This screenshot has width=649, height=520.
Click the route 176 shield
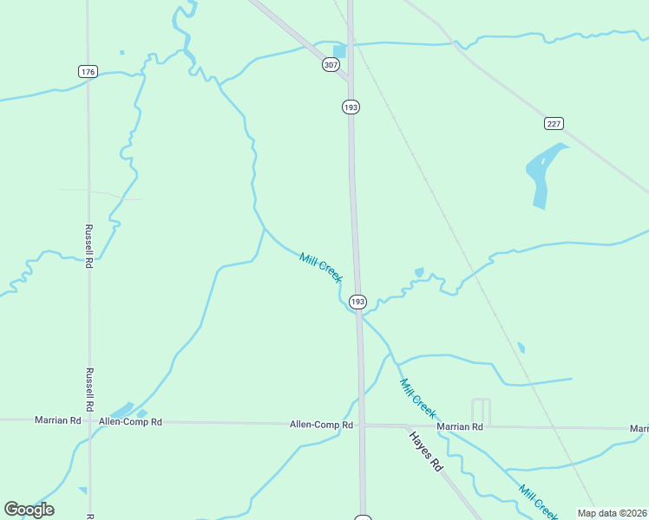88,71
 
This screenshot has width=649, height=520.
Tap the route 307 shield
330,65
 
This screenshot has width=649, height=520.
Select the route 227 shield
554,123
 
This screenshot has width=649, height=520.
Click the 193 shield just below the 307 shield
351,107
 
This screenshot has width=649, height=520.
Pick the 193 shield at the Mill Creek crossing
357,302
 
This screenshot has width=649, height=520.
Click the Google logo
29,510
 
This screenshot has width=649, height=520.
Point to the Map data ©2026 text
613,513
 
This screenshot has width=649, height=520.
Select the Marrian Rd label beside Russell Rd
57,420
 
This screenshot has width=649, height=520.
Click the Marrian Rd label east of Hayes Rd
460,426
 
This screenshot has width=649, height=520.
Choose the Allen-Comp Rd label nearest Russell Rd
130,422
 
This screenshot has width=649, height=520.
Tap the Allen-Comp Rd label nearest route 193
321,425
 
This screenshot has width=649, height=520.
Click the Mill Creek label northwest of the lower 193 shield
321,267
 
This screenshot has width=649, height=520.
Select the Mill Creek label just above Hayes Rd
417,397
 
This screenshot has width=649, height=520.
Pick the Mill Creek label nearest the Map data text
539,504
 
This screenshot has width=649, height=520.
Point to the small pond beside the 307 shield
340,50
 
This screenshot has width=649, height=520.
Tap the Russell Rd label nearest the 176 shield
88,245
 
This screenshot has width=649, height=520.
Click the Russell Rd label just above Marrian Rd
88,388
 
